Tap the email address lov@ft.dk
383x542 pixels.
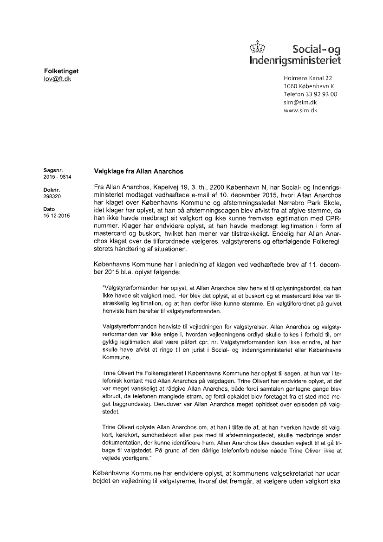coord(55,79)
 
